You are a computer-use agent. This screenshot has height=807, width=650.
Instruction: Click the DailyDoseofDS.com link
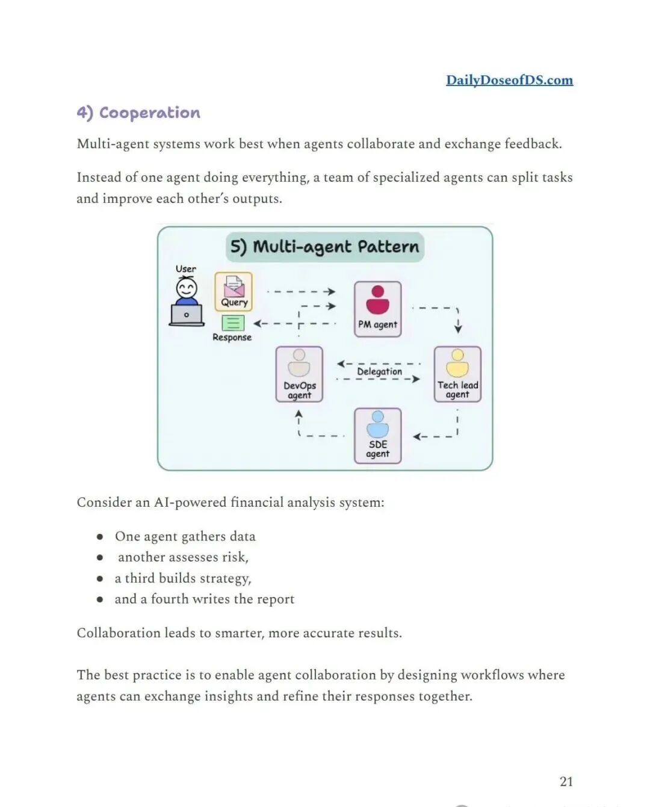pyautogui.click(x=509, y=80)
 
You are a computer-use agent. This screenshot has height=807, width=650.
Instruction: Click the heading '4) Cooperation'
pyautogui.click(x=138, y=113)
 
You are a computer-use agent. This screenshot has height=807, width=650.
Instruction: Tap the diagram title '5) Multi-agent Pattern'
pyautogui.click(x=324, y=247)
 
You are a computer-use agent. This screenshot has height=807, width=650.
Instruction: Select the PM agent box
pyautogui.click(x=377, y=309)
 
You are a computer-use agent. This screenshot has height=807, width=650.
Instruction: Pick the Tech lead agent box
pyautogui.click(x=457, y=374)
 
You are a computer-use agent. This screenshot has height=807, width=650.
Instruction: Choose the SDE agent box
pyautogui.click(x=377, y=435)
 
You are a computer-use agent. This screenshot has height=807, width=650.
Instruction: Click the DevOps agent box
pyautogui.click(x=299, y=374)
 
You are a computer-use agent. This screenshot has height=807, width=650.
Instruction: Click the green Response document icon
pyautogui.click(x=233, y=323)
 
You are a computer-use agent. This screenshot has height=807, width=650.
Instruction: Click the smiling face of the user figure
pyautogui.click(x=186, y=289)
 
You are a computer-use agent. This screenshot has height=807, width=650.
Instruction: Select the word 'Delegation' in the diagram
pyautogui.click(x=379, y=371)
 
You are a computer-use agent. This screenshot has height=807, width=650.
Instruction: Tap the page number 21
pyautogui.click(x=566, y=781)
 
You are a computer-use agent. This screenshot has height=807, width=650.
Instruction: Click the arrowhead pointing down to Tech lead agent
pyautogui.click(x=458, y=329)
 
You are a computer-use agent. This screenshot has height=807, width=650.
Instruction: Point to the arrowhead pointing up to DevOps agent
pyautogui.click(x=299, y=413)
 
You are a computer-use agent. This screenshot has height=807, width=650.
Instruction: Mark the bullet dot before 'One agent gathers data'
pyautogui.click(x=100, y=536)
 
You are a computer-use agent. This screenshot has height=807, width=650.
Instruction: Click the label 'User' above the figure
pyautogui.click(x=185, y=268)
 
